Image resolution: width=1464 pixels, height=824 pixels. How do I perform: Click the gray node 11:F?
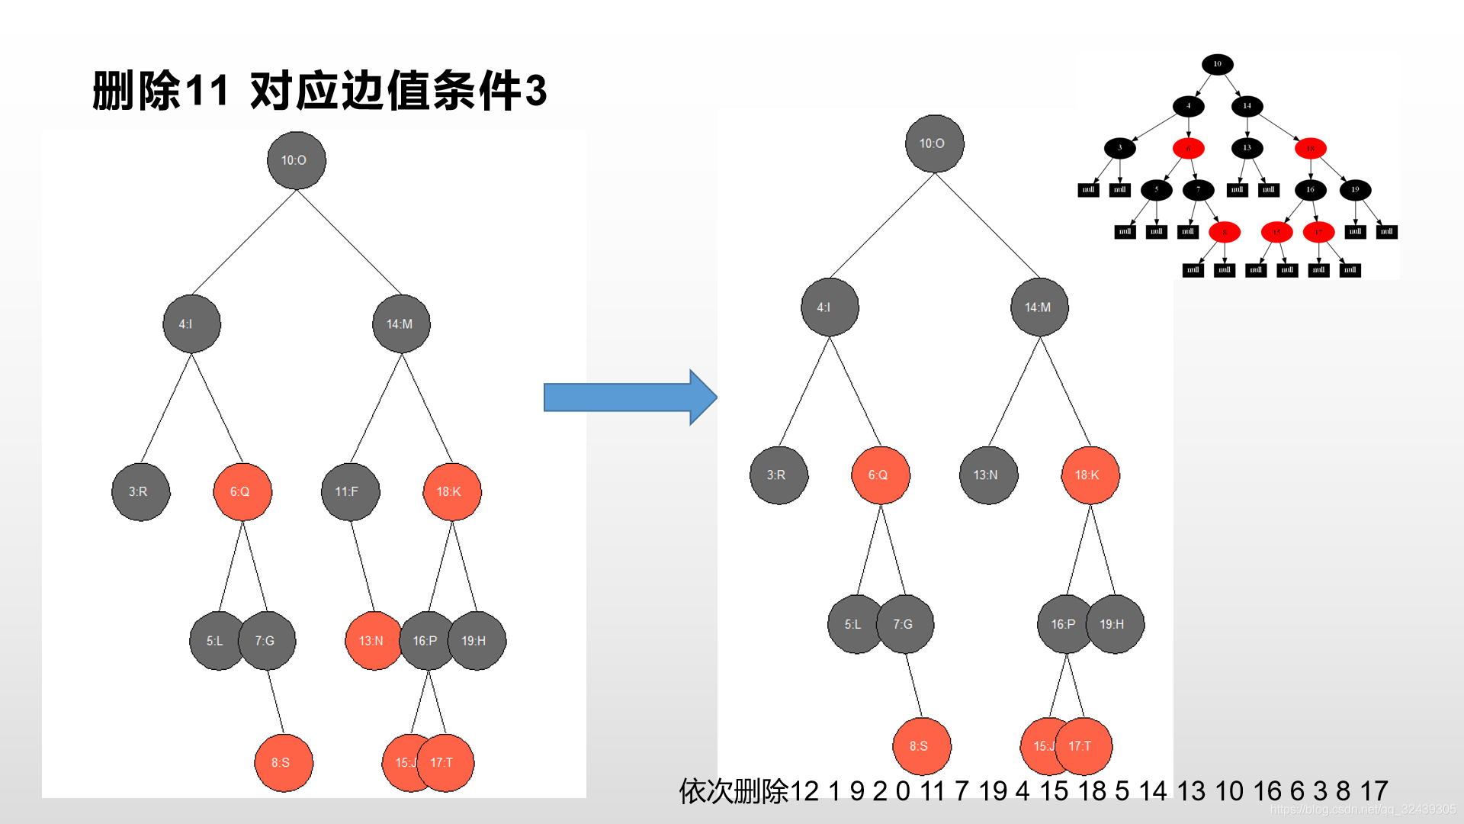[x=350, y=492]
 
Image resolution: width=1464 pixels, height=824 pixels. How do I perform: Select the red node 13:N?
[x=373, y=641]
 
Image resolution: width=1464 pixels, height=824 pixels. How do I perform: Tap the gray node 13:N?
[x=988, y=475]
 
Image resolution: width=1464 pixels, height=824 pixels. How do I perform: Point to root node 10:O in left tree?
[x=296, y=160]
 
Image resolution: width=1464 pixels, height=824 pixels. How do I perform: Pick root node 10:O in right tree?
[x=934, y=143]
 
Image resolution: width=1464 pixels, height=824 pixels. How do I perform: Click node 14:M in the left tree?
[x=401, y=324]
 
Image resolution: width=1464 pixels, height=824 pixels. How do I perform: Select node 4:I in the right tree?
[x=830, y=307]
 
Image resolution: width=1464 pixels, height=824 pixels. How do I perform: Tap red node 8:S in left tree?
[x=283, y=763]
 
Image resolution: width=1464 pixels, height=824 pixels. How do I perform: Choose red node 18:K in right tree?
[x=1090, y=475]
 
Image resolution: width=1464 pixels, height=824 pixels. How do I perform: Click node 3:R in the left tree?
[x=140, y=492]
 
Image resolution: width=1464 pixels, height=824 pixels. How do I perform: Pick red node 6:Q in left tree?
[x=242, y=492]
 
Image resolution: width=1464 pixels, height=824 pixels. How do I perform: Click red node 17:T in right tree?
[x=1084, y=746]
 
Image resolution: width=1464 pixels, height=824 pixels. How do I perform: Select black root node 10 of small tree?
[x=1217, y=64]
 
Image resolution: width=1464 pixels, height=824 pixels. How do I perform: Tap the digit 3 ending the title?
[x=535, y=91]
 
